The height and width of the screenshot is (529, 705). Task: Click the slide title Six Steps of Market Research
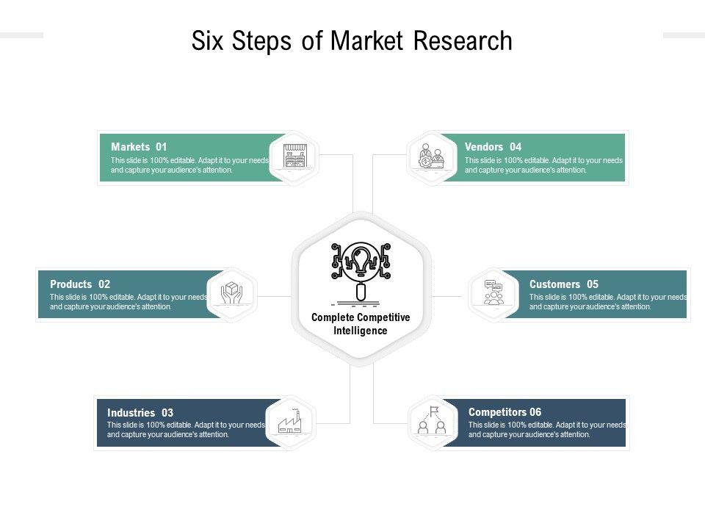click(x=352, y=41)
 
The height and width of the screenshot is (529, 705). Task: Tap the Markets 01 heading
click(x=139, y=147)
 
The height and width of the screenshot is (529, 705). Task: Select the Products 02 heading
click(x=80, y=284)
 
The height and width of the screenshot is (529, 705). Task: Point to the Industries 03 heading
click(x=140, y=413)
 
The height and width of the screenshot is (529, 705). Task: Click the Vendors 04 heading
click(x=493, y=147)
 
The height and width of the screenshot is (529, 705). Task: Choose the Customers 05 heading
click(x=563, y=284)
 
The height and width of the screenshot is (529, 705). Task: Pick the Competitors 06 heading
click(x=505, y=412)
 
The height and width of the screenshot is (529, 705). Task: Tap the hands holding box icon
click(x=232, y=294)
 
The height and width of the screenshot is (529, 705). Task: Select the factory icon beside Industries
click(x=291, y=422)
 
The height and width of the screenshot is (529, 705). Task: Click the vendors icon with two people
click(x=431, y=156)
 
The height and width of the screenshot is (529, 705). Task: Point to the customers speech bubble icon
click(x=493, y=293)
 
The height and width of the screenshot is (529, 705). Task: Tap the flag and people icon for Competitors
click(x=432, y=422)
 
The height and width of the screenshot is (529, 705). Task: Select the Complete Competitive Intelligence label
click(x=361, y=324)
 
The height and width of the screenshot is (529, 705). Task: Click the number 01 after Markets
click(x=162, y=147)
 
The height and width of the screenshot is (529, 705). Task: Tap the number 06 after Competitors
click(x=535, y=412)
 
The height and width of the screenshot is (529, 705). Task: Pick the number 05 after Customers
click(x=593, y=284)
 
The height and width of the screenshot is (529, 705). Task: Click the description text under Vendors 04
click(x=543, y=165)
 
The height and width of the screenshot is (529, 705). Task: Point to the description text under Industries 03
click(x=186, y=430)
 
